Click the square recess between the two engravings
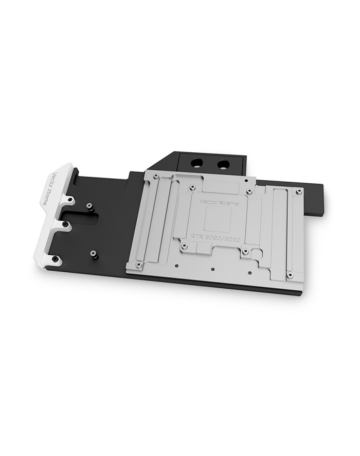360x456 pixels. click(216, 220)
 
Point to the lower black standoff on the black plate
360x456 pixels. click(93, 253)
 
